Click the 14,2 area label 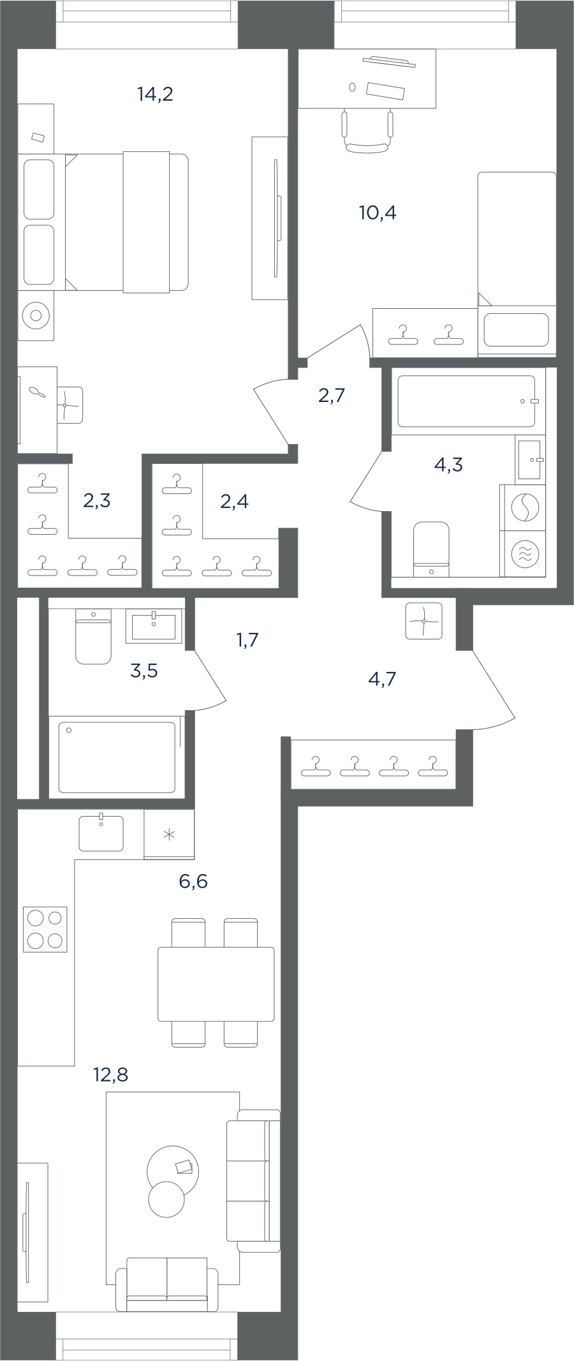tap(155, 94)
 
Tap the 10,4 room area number tap(378, 212)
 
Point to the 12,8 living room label tap(111, 1075)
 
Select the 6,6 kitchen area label tap(193, 882)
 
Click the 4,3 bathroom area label tap(448, 465)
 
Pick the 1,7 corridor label tap(247, 639)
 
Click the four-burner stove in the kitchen tap(45, 929)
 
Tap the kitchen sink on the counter tap(101, 833)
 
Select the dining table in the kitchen tap(216, 984)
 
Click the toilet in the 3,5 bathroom tap(93, 636)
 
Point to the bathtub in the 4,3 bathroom tap(466, 401)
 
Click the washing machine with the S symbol tap(524, 508)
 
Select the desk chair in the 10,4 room tap(367, 131)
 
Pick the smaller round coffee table tap(166, 1199)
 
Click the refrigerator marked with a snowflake tap(169, 835)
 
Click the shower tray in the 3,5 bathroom tap(117, 757)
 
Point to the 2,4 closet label tap(234, 502)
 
